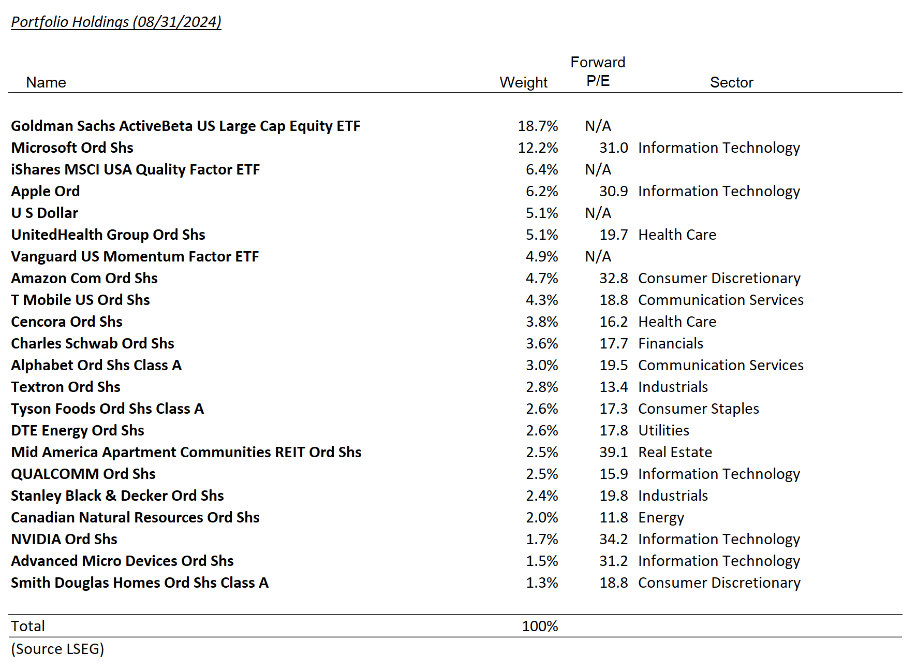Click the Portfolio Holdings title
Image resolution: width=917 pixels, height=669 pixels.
tap(116, 22)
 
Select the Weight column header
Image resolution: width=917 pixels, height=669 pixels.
tap(523, 82)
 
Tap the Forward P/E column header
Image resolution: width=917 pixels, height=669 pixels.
tap(598, 71)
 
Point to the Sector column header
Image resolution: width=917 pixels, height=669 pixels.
tap(731, 82)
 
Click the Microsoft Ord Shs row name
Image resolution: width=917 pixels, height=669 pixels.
tap(72, 148)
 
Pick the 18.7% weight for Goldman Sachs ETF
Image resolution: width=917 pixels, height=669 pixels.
tap(538, 126)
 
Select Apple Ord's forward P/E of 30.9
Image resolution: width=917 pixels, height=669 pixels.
tap(613, 191)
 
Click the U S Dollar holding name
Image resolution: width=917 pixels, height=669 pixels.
tap(45, 213)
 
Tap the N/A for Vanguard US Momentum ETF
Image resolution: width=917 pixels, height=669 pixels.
tap(598, 256)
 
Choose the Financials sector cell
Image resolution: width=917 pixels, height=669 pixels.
tap(670, 343)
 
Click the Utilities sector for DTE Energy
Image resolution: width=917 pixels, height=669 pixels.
tap(663, 430)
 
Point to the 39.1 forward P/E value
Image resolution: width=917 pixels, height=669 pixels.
tap(613, 452)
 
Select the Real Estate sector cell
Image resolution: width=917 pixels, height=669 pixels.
tap(675, 452)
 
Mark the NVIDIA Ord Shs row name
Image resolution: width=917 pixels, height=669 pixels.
tap(64, 539)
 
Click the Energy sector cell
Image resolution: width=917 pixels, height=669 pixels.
tap(661, 517)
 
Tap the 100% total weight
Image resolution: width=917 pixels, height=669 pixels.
tap(540, 626)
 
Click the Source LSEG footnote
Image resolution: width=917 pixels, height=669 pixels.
tap(57, 649)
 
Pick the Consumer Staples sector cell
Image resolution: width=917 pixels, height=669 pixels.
tap(698, 409)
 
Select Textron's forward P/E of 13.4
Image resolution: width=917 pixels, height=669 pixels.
tap(613, 387)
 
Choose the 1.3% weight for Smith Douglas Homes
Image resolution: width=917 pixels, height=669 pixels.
tap(542, 583)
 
